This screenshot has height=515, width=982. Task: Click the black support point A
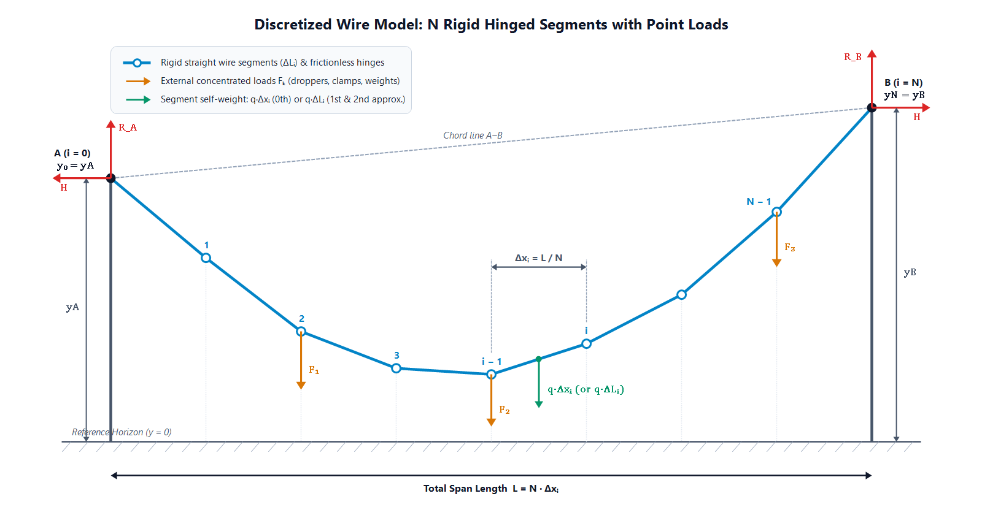[x=111, y=178]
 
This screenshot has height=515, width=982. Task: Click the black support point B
[x=872, y=108]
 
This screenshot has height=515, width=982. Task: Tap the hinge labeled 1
[x=206, y=258]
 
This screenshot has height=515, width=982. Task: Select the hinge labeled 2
[x=301, y=332]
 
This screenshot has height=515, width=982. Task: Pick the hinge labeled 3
[x=396, y=368]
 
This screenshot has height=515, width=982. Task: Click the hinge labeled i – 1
[x=492, y=374]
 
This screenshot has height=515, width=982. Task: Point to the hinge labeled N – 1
[x=776, y=212]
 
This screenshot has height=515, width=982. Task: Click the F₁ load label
[x=314, y=370]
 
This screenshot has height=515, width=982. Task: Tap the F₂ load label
[x=504, y=410]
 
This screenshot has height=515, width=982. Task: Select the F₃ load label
[x=789, y=248]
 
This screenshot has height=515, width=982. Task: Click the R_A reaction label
[x=128, y=128]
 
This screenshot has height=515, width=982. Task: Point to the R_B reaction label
[x=852, y=57]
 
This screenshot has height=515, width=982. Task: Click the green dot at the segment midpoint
[x=539, y=359]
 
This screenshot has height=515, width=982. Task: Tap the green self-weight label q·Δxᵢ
[x=586, y=389]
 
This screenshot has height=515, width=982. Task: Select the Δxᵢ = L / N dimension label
[x=538, y=258]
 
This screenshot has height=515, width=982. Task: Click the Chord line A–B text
[x=473, y=135]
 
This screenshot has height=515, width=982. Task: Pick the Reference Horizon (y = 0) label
[x=122, y=432]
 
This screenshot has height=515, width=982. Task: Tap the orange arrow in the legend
[x=138, y=81]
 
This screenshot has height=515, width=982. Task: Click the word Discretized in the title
[x=293, y=25]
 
